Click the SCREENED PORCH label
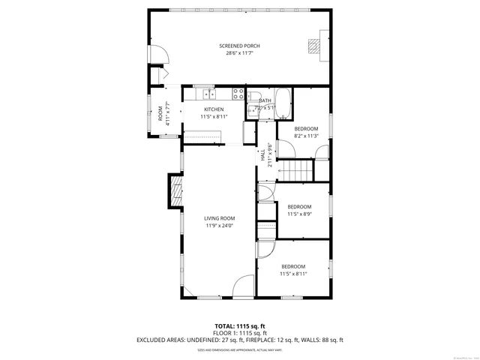point(239,46)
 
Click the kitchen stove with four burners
point(238,94)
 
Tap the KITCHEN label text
point(213,109)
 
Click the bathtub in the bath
point(283,100)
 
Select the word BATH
point(265,101)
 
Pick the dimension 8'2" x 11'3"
point(306,136)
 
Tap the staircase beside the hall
point(297,170)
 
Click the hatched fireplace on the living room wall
point(175,191)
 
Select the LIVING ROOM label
point(220,218)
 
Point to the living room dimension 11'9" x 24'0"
point(220,226)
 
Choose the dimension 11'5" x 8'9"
point(299,214)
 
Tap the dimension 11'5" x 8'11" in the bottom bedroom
point(293,274)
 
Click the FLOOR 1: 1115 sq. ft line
point(239,333)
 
